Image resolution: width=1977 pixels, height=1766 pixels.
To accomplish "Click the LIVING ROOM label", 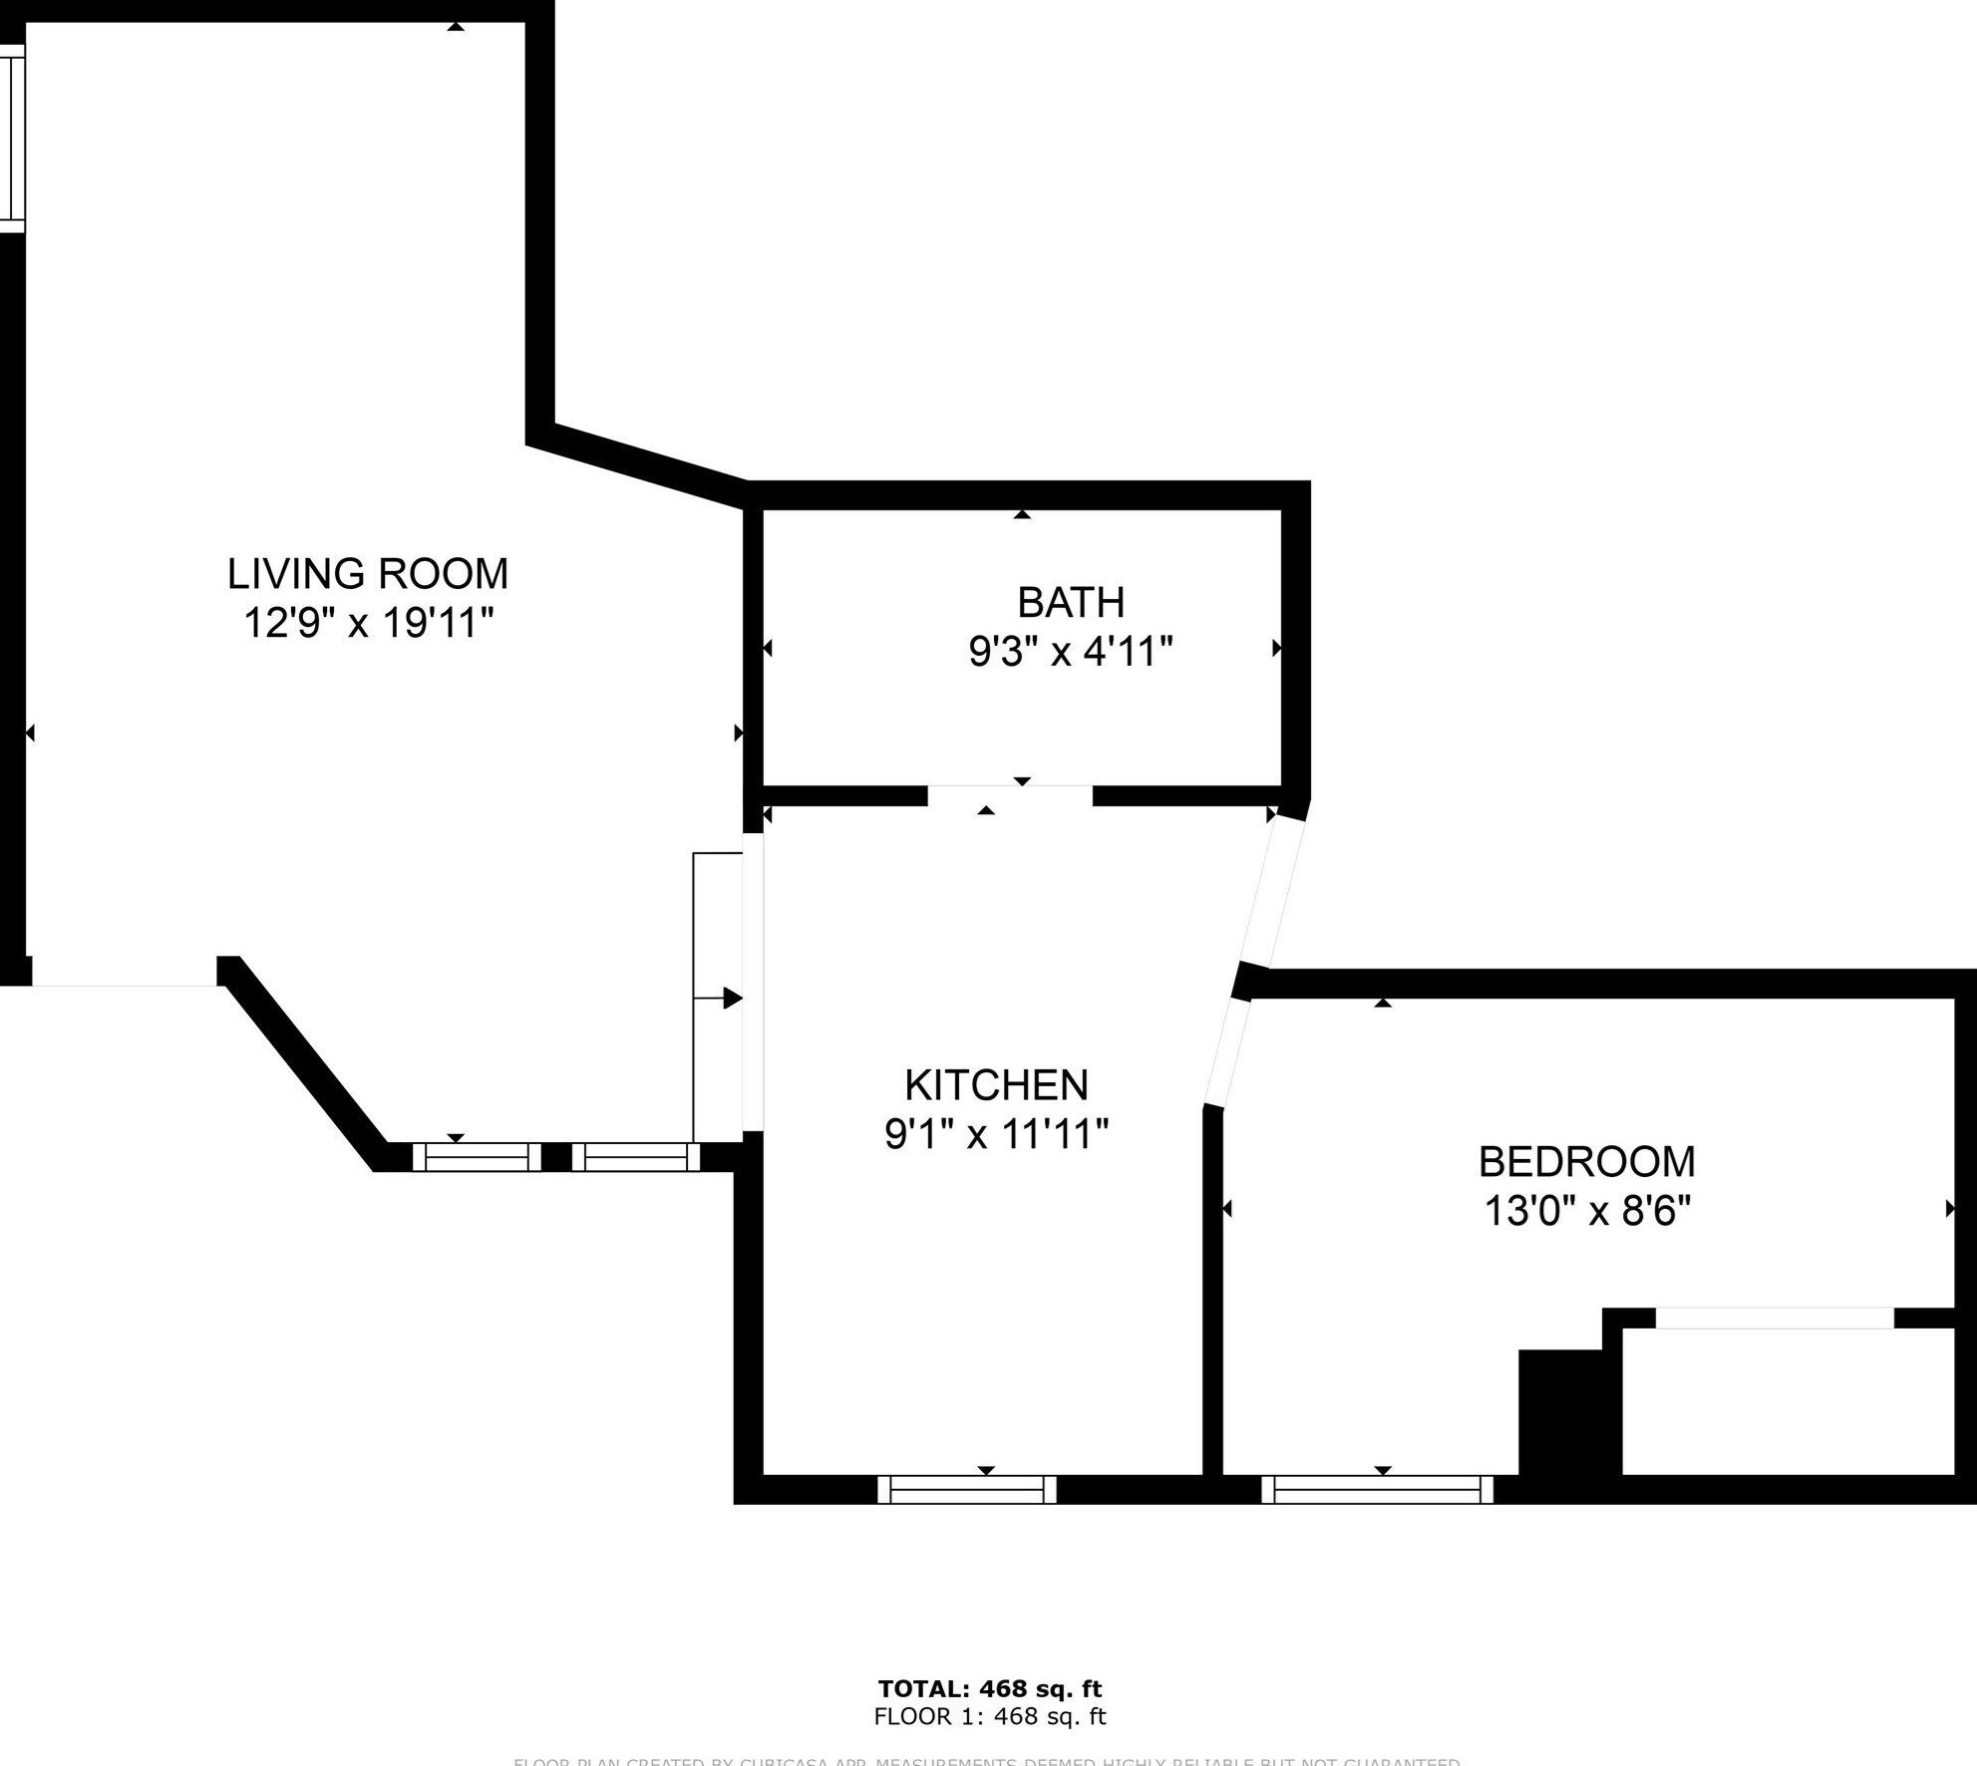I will point(368,574).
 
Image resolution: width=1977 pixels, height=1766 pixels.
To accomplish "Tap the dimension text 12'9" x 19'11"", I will point(369,624).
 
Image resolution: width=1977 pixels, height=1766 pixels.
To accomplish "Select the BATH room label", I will point(1071,602).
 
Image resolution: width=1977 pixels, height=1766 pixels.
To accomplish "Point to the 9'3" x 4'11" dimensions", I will point(1071,653).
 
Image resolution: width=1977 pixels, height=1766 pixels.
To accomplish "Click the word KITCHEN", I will point(996,1084).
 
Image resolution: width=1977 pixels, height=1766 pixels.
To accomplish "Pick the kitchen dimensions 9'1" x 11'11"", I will point(996,1134).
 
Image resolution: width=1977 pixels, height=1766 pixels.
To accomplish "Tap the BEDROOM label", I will point(1586,1162).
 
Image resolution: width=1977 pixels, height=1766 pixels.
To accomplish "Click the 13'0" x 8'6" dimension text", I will point(1587,1212).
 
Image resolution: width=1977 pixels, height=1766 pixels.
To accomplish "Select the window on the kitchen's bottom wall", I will point(966,1489).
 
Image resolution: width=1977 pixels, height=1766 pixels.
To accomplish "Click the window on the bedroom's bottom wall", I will point(1377,1489).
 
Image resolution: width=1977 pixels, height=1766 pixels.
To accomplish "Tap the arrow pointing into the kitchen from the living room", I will point(731,998).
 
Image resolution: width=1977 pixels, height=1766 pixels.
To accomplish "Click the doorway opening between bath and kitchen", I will point(1010,795).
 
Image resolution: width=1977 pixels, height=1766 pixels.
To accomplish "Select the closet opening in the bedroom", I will point(1774,1318).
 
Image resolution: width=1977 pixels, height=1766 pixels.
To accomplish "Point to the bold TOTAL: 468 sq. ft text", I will point(989,1688).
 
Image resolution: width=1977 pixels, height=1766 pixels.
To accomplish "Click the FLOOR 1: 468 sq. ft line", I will point(989,1716).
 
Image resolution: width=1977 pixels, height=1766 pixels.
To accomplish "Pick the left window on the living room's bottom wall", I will point(477,1156).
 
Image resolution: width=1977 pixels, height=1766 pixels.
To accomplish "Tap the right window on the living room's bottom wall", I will point(635,1156).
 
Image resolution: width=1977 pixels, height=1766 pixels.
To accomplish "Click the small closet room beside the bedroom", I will point(1787,1400).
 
